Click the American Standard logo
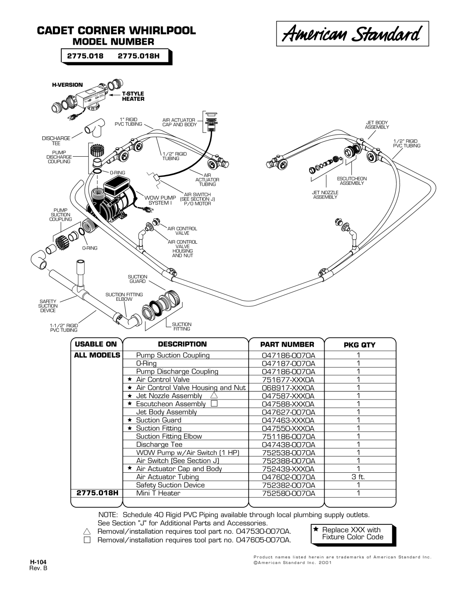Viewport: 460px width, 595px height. (352, 34)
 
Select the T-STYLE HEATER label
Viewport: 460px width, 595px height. (133, 96)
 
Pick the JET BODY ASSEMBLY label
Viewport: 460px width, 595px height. (377, 125)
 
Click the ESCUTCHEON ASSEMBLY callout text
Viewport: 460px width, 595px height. (351, 181)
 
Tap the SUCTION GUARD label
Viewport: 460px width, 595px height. (138, 279)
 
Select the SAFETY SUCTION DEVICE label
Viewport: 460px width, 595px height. (48, 306)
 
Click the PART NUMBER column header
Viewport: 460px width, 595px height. (287, 345)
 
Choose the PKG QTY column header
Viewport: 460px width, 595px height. (359, 345)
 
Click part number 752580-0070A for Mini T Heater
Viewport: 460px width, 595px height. (288, 493)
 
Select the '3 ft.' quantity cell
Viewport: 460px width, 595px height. (358, 477)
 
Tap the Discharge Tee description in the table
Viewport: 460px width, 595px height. (159, 444)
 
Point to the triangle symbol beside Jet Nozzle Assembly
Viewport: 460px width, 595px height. (214, 395)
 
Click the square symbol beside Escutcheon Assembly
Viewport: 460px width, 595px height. (214, 403)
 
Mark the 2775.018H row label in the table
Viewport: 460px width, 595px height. (97, 493)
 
